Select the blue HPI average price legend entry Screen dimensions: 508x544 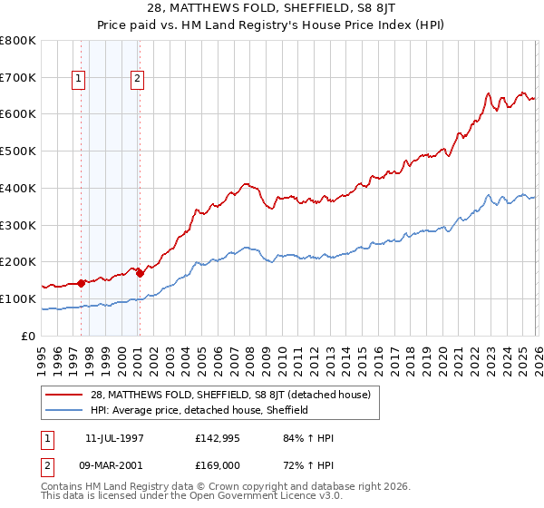point(199,410)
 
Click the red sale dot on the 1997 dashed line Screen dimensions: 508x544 point(81,283)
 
